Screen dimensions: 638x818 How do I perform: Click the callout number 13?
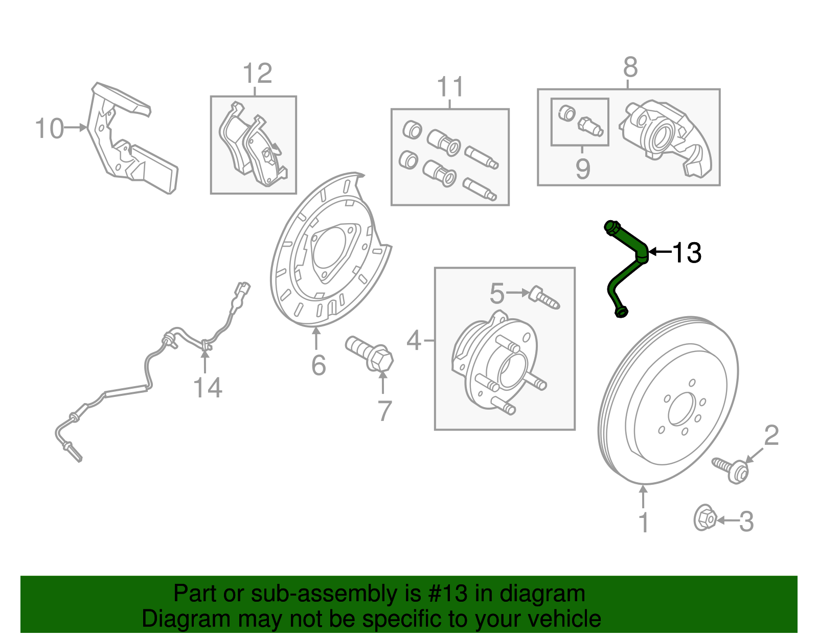(686, 253)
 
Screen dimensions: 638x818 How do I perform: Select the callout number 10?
(50, 128)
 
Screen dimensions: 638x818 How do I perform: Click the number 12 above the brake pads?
(257, 74)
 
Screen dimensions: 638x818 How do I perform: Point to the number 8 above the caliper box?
(630, 67)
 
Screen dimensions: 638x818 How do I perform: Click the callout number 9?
(583, 169)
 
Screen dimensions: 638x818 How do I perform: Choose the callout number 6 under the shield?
(319, 365)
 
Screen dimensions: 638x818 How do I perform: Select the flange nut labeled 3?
(704, 519)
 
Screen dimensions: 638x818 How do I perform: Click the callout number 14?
(208, 388)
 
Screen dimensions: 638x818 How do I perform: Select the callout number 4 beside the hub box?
(414, 340)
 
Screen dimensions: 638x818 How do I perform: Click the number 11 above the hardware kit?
(450, 88)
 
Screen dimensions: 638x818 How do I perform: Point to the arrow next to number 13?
(660, 252)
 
